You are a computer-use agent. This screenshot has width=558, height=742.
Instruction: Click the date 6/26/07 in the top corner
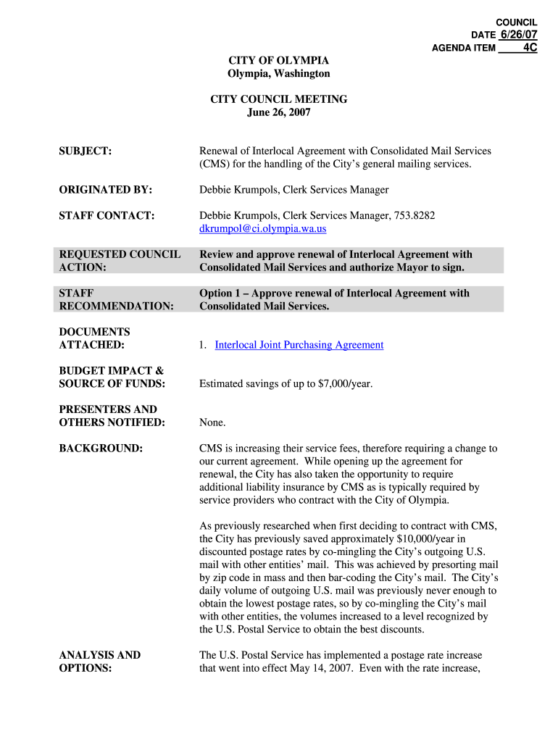point(518,35)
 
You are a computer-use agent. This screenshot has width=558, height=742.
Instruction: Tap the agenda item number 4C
point(530,48)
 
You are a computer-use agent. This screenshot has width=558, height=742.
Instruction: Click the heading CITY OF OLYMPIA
point(279,61)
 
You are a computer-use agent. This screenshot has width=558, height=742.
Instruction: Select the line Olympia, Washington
point(279,74)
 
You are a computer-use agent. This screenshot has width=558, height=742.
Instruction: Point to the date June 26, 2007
point(279,112)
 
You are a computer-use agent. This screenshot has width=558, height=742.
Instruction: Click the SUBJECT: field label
point(85,151)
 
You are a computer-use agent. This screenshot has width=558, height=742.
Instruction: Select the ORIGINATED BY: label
point(105,190)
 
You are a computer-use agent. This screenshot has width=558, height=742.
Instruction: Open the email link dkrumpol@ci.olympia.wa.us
point(262,229)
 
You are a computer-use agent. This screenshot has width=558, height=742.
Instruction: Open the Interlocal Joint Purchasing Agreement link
point(299,345)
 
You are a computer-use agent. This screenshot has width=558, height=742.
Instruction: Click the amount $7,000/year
point(345,383)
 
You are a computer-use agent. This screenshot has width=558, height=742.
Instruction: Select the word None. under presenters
point(212,422)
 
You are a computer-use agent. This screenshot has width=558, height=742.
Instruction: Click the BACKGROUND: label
point(101,449)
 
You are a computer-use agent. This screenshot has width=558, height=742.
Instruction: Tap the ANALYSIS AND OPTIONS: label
point(99,662)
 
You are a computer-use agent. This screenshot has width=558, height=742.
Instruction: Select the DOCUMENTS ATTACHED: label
point(94,338)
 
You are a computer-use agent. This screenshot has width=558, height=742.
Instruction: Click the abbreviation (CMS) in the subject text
point(215,164)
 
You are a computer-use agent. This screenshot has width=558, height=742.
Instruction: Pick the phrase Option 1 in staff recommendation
point(221,293)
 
